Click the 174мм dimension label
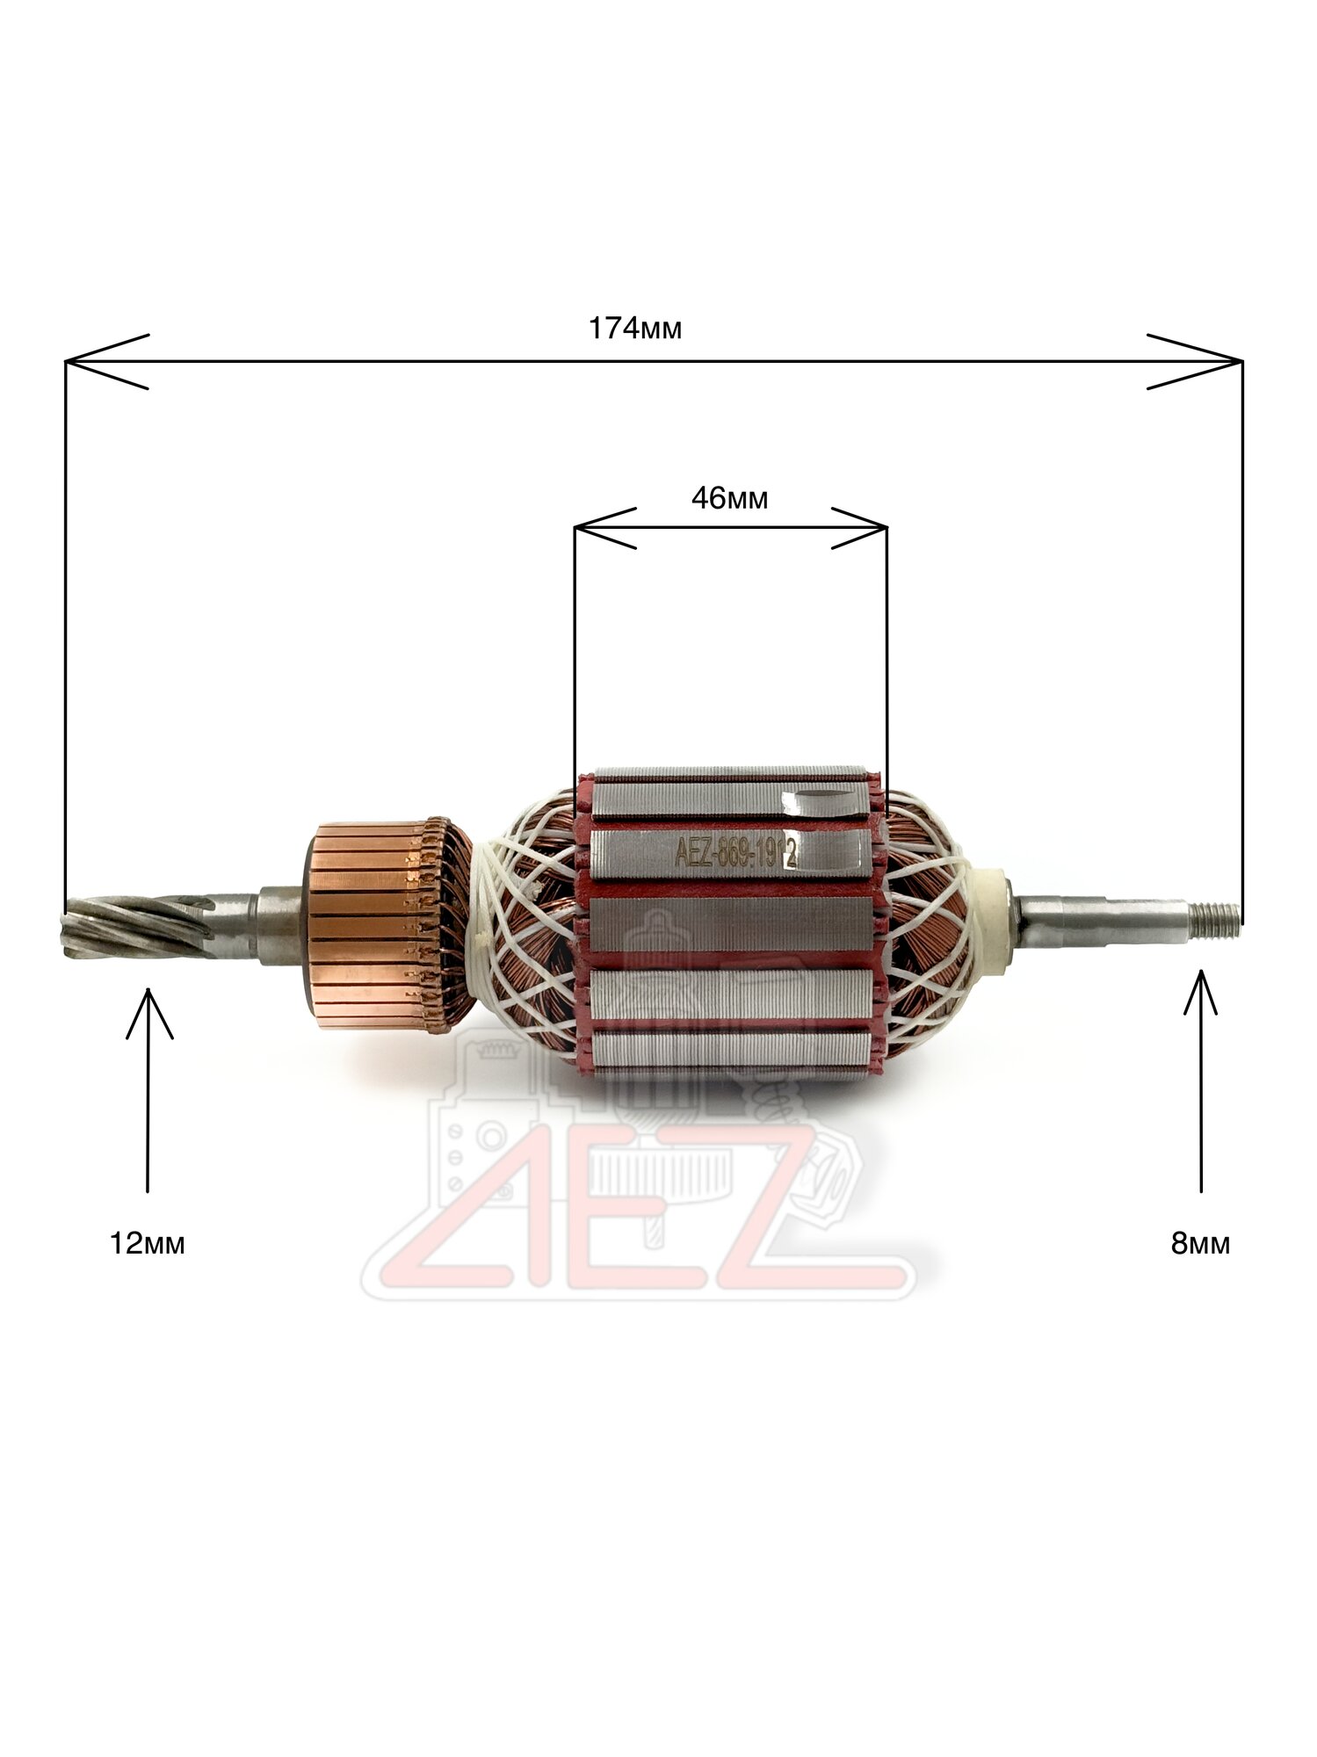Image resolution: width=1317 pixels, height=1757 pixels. pyautogui.click(x=634, y=329)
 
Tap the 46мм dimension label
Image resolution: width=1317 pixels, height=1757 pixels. pyautogui.click(x=729, y=499)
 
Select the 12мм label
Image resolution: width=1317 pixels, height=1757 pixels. pyautogui.click(x=147, y=1244)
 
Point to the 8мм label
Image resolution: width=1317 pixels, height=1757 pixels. pyautogui.click(x=1200, y=1244)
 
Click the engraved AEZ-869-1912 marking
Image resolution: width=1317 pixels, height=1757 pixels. pyautogui.click(x=734, y=851)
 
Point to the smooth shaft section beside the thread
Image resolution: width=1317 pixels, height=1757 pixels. pyautogui.click(x=1098, y=913)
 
